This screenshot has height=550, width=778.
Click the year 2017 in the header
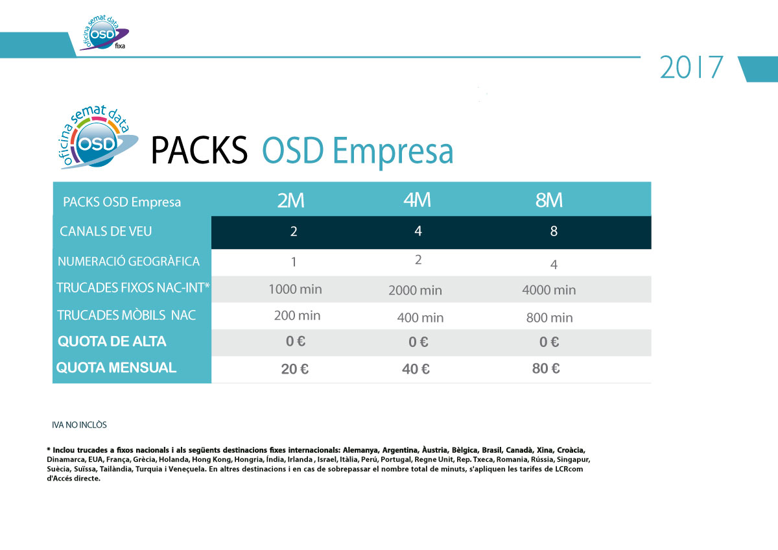coord(691,67)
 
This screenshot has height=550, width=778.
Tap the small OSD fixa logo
coord(104,34)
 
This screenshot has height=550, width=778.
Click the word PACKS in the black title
coord(200,150)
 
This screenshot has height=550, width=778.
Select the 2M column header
coord(290,200)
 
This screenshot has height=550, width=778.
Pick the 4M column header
coord(417,200)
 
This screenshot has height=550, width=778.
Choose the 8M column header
coord(548,200)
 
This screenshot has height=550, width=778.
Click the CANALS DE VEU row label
coord(106,232)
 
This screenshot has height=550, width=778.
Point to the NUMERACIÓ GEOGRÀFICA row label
coord(128,261)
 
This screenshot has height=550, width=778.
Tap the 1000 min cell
coord(295,289)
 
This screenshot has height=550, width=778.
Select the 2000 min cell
coord(415,291)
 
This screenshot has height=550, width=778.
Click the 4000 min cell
coord(548,290)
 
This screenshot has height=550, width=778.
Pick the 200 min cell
coord(297,316)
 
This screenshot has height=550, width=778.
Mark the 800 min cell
coord(549,318)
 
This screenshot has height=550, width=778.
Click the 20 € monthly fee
coord(294,369)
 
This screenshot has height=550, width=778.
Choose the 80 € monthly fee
coord(546,368)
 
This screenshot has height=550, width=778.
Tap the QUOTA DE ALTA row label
coord(112,342)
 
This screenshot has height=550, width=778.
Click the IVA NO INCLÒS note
coord(79,425)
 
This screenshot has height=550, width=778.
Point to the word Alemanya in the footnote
coord(360,450)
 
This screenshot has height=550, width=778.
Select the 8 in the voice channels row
coord(554,231)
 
